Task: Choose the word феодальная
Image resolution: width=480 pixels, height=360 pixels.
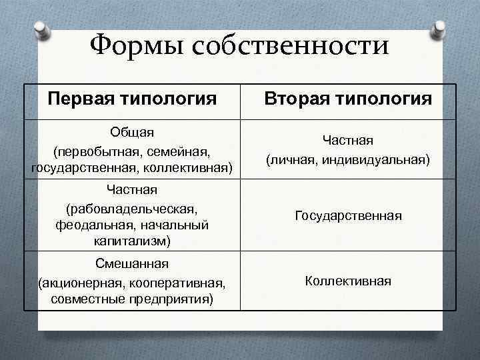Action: click(x=91, y=225)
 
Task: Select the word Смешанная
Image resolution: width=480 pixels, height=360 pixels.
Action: click(x=132, y=265)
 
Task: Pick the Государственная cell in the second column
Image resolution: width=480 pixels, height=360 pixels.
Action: click(x=348, y=216)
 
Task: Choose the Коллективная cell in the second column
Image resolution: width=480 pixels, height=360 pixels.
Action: click(x=348, y=281)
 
